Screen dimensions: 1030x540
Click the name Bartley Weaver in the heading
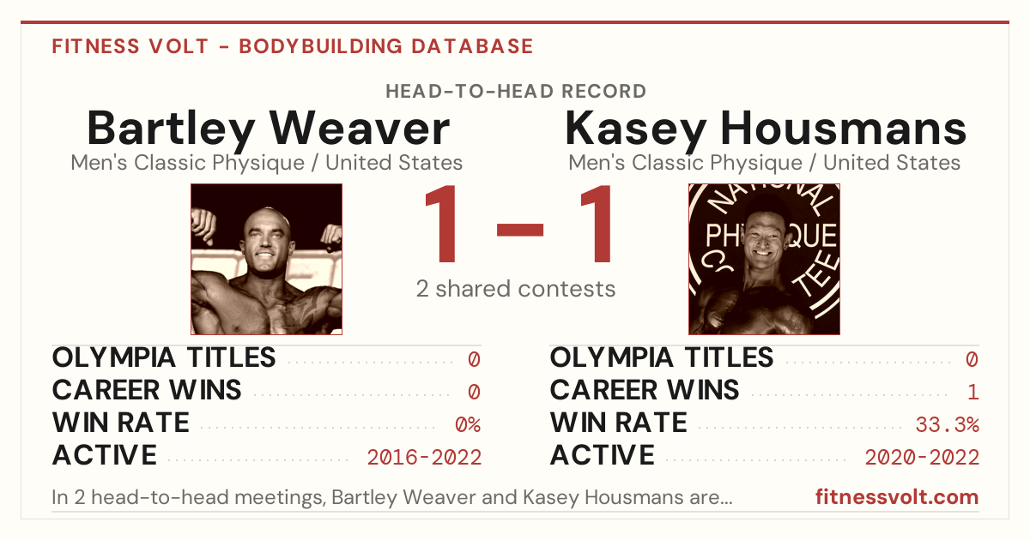point(268,129)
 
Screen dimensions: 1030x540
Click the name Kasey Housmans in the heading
point(765,129)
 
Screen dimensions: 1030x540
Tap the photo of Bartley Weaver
point(267,259)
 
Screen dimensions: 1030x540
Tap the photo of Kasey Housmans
point(764,259)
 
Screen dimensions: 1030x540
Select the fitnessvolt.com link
point(897,497)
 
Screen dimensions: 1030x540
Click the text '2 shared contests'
point(516,289)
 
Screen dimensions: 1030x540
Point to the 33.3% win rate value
point(948,425)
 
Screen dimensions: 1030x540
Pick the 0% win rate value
point(468,425)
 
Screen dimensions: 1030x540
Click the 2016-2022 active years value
point(424,458)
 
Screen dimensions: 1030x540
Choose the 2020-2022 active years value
point(922,458)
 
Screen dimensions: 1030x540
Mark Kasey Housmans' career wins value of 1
point(973,393)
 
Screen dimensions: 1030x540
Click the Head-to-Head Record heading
point(516,92)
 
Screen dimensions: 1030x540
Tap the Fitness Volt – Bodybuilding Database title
point(293,46)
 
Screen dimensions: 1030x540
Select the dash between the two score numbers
point(520,229)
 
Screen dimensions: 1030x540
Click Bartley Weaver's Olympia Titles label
point(164,357)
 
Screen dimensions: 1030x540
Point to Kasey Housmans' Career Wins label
point(645,390)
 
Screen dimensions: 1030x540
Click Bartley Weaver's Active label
point(105,455)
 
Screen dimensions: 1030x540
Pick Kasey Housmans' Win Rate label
point(619,423)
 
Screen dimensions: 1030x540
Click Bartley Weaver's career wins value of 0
point(474,393)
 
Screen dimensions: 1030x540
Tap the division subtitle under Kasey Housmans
point(764,163)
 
